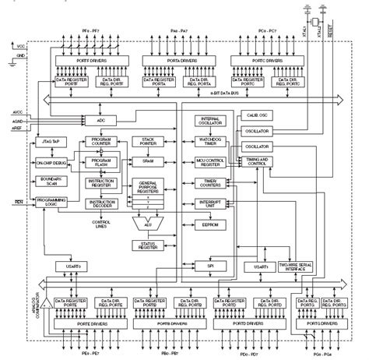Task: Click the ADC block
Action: pos(100,122)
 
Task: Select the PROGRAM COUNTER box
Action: pos(100,143)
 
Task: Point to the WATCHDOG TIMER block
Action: pos(209,142)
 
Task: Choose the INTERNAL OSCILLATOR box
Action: pos(209,122)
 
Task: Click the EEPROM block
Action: pos(209,224)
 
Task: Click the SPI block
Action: pos(209,266)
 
